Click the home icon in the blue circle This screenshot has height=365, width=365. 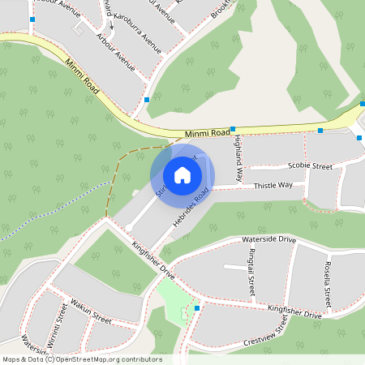click(x=182, y=175)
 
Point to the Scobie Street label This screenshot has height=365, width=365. click(x=310, y=166)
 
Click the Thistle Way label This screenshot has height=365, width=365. click(x=273, y=186)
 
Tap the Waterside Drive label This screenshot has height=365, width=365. click(x=269, y=240)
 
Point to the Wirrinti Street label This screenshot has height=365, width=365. click(x=54, y=322)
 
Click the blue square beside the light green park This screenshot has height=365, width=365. click(x=196, y=308)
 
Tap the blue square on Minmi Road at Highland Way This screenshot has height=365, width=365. click(x=233, y=129)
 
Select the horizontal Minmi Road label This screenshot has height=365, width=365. click(x=207, y=132)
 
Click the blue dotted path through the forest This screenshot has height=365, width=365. click(x=49, y=211)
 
